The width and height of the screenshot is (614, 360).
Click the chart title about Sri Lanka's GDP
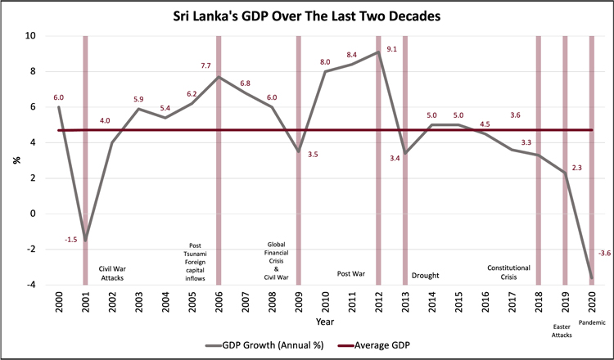point(307,16)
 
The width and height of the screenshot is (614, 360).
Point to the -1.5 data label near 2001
point(70,239)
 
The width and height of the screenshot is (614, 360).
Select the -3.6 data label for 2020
point(605,253)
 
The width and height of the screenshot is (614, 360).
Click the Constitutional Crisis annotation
point(508,272)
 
